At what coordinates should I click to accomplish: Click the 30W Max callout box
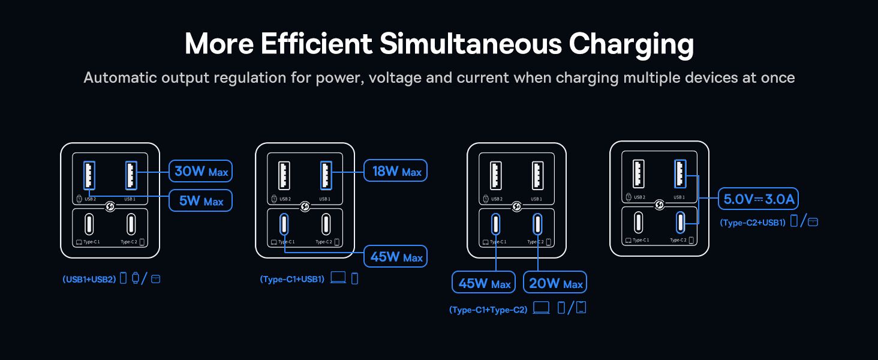click(200, 171)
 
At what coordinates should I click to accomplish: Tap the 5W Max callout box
click(200, 201)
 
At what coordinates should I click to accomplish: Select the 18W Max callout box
click(395, 170)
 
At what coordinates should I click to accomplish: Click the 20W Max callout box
click(555, 283)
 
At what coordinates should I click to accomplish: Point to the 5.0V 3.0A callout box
click(758, 199)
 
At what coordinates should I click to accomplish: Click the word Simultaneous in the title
click(471, 44)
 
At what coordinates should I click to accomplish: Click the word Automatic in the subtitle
click(120, 77)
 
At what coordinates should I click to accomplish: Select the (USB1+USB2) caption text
click(89, 279)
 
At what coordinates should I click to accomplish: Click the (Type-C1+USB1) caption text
click(292, 279)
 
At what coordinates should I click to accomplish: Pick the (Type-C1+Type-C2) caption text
click(488, 310)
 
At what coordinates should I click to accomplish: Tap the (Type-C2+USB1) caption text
click(753, 223)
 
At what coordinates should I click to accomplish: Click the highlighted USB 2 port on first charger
click(89, 175)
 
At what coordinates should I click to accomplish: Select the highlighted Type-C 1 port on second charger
click(284, 224)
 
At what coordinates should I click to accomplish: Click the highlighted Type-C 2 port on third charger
click(537, 224)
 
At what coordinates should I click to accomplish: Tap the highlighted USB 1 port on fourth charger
click(680, 174)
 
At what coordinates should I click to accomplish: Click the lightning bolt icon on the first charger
click(110, 206)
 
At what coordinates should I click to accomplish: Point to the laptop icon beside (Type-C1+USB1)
click(338, 278)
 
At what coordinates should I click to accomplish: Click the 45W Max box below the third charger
click(484, 283)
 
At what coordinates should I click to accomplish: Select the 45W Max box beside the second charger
click(395, 256)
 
